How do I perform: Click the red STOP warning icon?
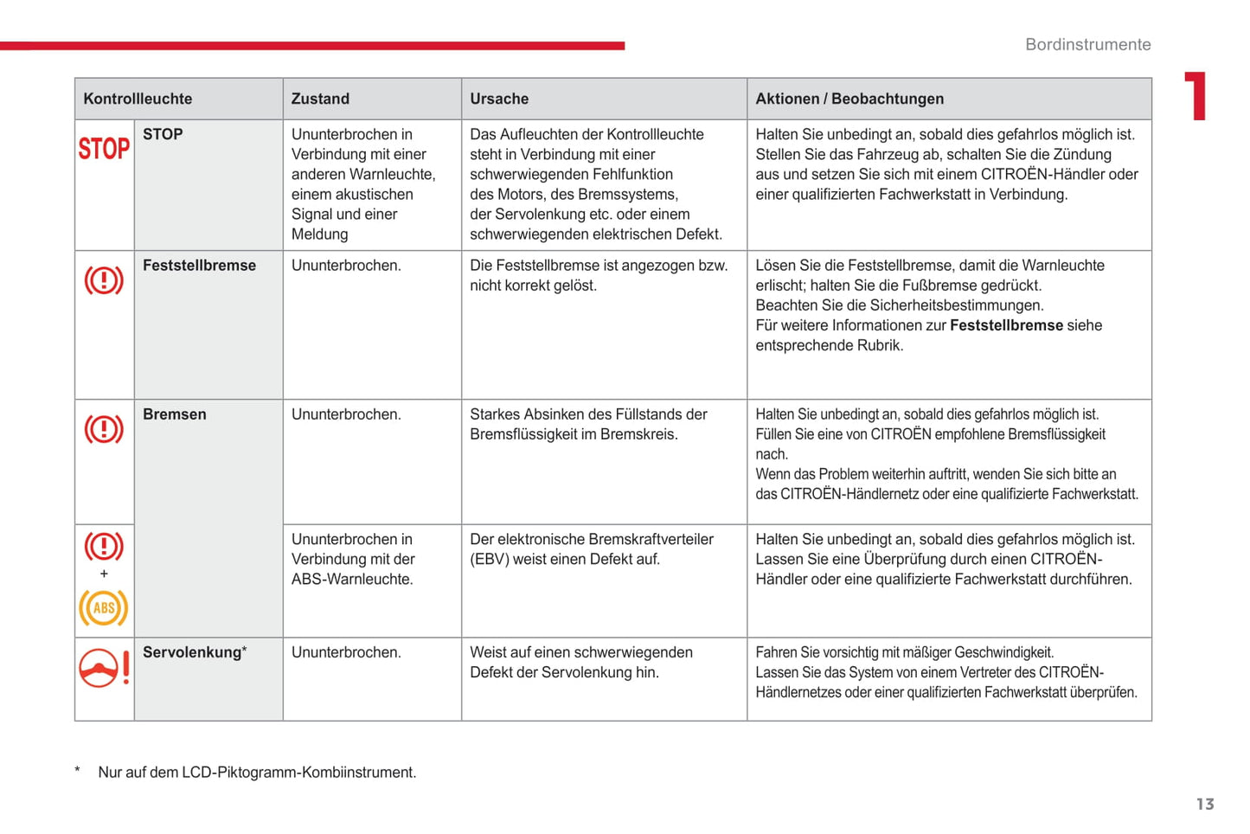point(104,149)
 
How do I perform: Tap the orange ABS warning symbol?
point(104,607)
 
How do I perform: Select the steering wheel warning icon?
point(104,669)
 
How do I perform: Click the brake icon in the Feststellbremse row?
point(104,280)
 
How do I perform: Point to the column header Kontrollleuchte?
point(138,99)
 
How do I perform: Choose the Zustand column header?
point(320,99)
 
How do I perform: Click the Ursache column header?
point(499,99)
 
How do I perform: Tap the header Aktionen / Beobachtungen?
point(849,99)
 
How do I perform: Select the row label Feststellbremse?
point(199,266)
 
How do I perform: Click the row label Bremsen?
point(175,414)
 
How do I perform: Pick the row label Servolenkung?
point(192,652)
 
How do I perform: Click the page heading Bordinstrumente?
point(1087,44)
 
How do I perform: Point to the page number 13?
point(1205,805)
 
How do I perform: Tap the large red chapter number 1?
point(1196,96)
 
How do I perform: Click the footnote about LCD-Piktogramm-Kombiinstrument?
point(257,773)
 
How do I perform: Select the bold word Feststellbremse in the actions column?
point(1006,325)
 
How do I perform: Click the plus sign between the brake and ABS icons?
point(104,574)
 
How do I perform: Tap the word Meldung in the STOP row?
point(319,234)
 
